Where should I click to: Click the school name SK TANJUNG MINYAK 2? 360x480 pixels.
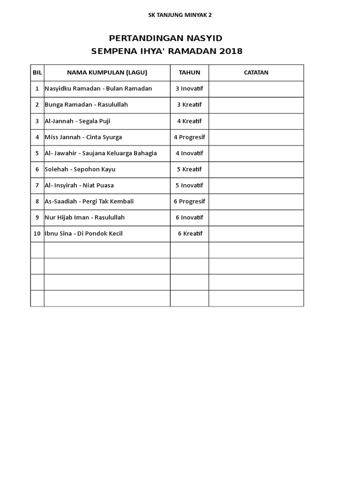(x=180, y=15)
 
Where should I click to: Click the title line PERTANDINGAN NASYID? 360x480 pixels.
(x=165, y=38)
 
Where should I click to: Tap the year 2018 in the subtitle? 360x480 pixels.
(x=230, y=51)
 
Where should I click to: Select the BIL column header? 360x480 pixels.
(x=37, y=72)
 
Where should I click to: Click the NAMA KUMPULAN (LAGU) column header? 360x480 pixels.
(x=107, y=72)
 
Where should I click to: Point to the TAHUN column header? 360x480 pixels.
(x=189, y=72)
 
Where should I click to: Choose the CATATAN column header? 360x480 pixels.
(x=256, y=72)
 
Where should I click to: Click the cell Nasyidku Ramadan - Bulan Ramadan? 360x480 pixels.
(x=98, y=89)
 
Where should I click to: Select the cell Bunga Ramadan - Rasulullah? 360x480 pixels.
(x=86, y=105)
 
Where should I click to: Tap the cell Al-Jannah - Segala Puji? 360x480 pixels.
(x=77, y=121)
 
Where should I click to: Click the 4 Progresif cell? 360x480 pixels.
(x=189, y=137)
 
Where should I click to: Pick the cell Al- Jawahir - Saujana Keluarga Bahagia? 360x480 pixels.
(x=101, y=153)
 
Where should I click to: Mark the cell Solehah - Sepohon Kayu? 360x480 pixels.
(x=80, y=169)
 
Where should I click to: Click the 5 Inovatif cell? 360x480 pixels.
(x=189, y=185)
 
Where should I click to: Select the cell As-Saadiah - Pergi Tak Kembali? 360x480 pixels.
(x=89, y=202)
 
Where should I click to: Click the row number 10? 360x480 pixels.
(x=37, y=233)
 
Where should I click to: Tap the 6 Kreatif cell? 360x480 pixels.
(x=190, y=233)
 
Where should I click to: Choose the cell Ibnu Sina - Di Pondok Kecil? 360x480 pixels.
(x=83, y=233)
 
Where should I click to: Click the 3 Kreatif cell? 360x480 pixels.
(x=189, y=105)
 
